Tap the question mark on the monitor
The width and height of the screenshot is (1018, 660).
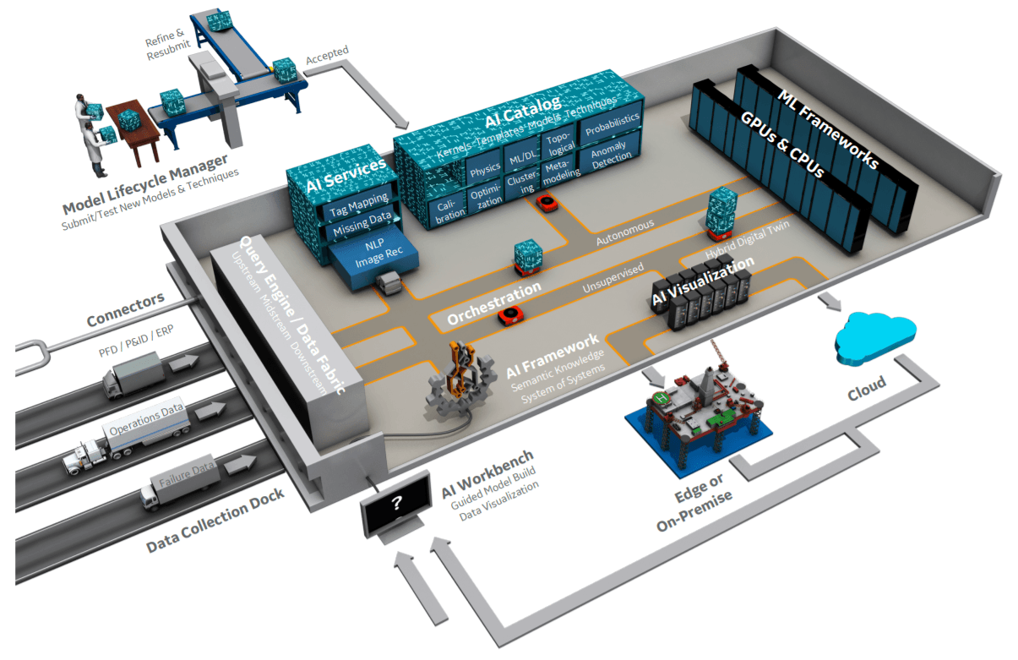pyautogui.click(x=397, y=502)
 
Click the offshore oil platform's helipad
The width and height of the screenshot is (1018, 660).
pyautogui.click(x=661, y=399)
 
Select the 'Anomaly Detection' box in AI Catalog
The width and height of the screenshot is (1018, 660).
pyautogui.click(x=611, y=153)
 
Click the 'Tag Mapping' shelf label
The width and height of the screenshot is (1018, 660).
pyautogui.click(x=359, y=205)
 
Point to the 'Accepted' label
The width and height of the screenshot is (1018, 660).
pyautogui.click(x=327, y=55)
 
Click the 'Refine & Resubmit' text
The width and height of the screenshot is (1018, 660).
pyautogui.click(x=168, y=44)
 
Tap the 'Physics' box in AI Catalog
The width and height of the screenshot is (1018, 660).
pyautogui.click(x=484, y=170)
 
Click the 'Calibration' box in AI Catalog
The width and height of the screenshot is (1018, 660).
pyautogui.click(x=449, y=212)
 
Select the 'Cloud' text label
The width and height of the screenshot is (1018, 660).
pyautogui.click(x=867, y=388)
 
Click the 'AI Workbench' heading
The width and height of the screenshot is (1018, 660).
pyautogui.click(x=487, y=473)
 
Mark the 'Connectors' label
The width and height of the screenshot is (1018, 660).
pyautogui.click(x=126, y=308)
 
